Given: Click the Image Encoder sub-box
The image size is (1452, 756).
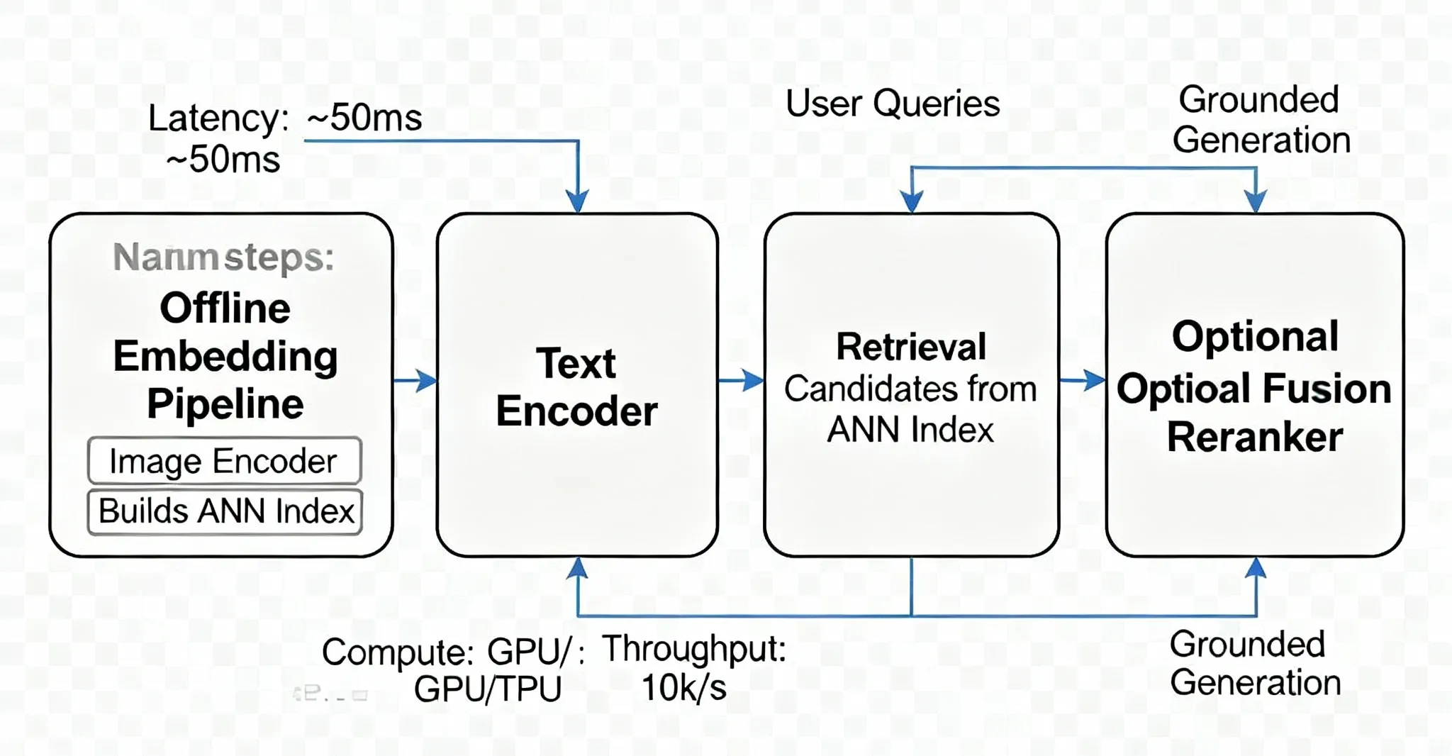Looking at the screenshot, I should click(224, 462).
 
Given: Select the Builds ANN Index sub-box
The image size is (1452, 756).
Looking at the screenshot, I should click(225, 511).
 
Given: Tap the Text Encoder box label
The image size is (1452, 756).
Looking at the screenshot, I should click(576, 387).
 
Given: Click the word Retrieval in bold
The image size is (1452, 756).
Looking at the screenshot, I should click(911, 347).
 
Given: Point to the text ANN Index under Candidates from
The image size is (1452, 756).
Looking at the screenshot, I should click(910, 430).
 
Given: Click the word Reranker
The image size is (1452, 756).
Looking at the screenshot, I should click(1255, 437).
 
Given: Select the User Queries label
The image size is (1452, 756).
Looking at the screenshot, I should click(893, 104).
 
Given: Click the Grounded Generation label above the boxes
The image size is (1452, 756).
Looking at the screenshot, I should click(1261, 120).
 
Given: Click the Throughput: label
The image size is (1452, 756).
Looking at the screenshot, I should click(694, 649).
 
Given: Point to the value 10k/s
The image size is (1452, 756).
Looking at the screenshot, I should click(684, 688).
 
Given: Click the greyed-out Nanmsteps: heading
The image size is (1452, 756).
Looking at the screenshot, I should click(223, 257).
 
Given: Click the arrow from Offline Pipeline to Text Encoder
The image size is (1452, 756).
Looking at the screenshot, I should click(416, 380).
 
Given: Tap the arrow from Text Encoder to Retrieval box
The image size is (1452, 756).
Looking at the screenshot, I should click(742, 380).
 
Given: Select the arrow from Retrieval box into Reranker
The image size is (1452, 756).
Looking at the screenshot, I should click(1083, 380).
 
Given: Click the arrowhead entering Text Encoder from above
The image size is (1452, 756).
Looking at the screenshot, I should click(578, 201).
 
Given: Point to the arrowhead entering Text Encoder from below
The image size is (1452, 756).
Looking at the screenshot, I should click(578, 568).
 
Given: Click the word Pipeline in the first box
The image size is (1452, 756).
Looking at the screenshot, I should click(225, 404).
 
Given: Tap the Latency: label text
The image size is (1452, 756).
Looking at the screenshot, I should click(218, 118).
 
